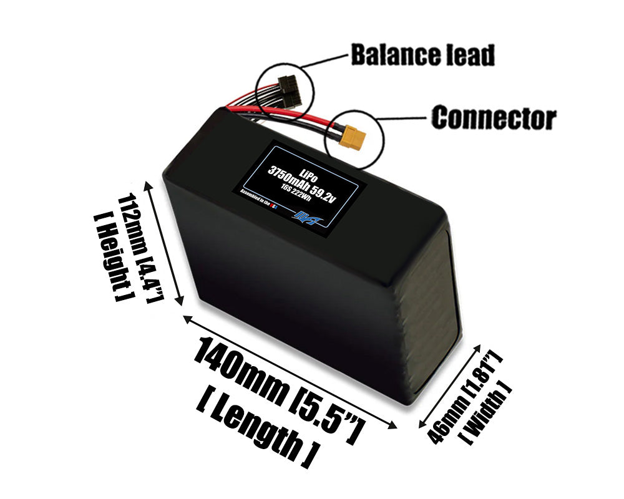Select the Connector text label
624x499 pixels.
[x=494, y=118]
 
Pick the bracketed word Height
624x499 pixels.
[x=108, y=256]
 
